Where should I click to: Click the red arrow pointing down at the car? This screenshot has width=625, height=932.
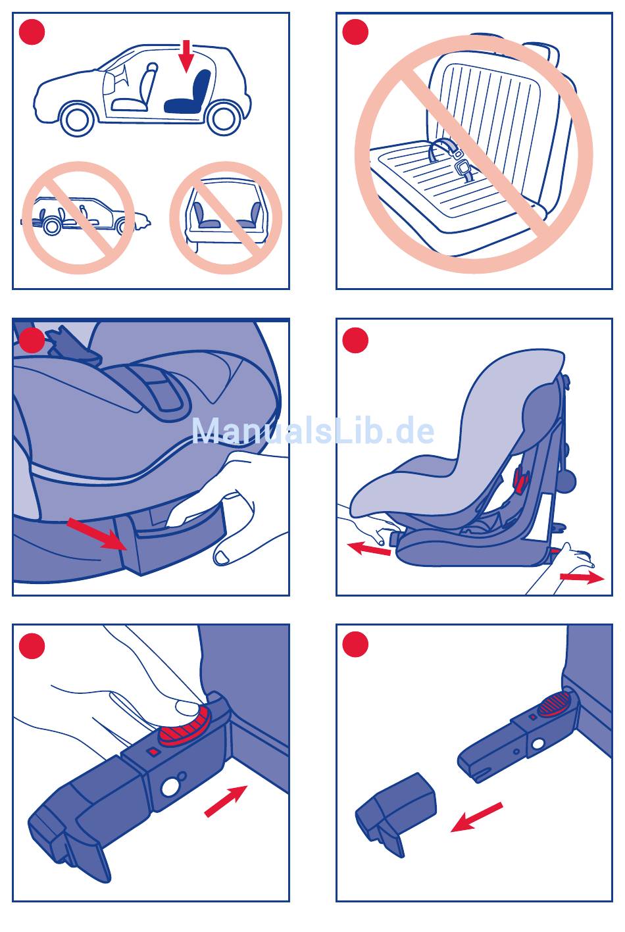[x=186, y=56]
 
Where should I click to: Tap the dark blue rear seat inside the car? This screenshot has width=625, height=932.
[x=189, y=93]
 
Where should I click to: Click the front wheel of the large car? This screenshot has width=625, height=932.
[x=78, y=118]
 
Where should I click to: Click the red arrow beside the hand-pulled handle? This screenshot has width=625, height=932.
[x=97, y=533]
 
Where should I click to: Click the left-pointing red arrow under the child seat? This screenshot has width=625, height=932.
[x=369, y=549]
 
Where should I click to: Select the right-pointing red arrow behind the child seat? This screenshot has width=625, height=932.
[x=582, y=577]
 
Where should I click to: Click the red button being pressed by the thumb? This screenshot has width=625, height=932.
[x=184, y=723]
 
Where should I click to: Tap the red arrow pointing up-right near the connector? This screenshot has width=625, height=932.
[x=226, y=801]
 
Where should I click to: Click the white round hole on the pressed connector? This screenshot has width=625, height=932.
[x=169, y=787]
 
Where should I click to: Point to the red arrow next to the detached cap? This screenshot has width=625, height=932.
[x=477, y=817]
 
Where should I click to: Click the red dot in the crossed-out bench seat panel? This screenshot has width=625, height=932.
[x=355, y=32]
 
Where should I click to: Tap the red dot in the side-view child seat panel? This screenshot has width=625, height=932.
[x=355, y=340]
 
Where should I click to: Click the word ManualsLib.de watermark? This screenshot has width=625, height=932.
[x=313, y=430]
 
